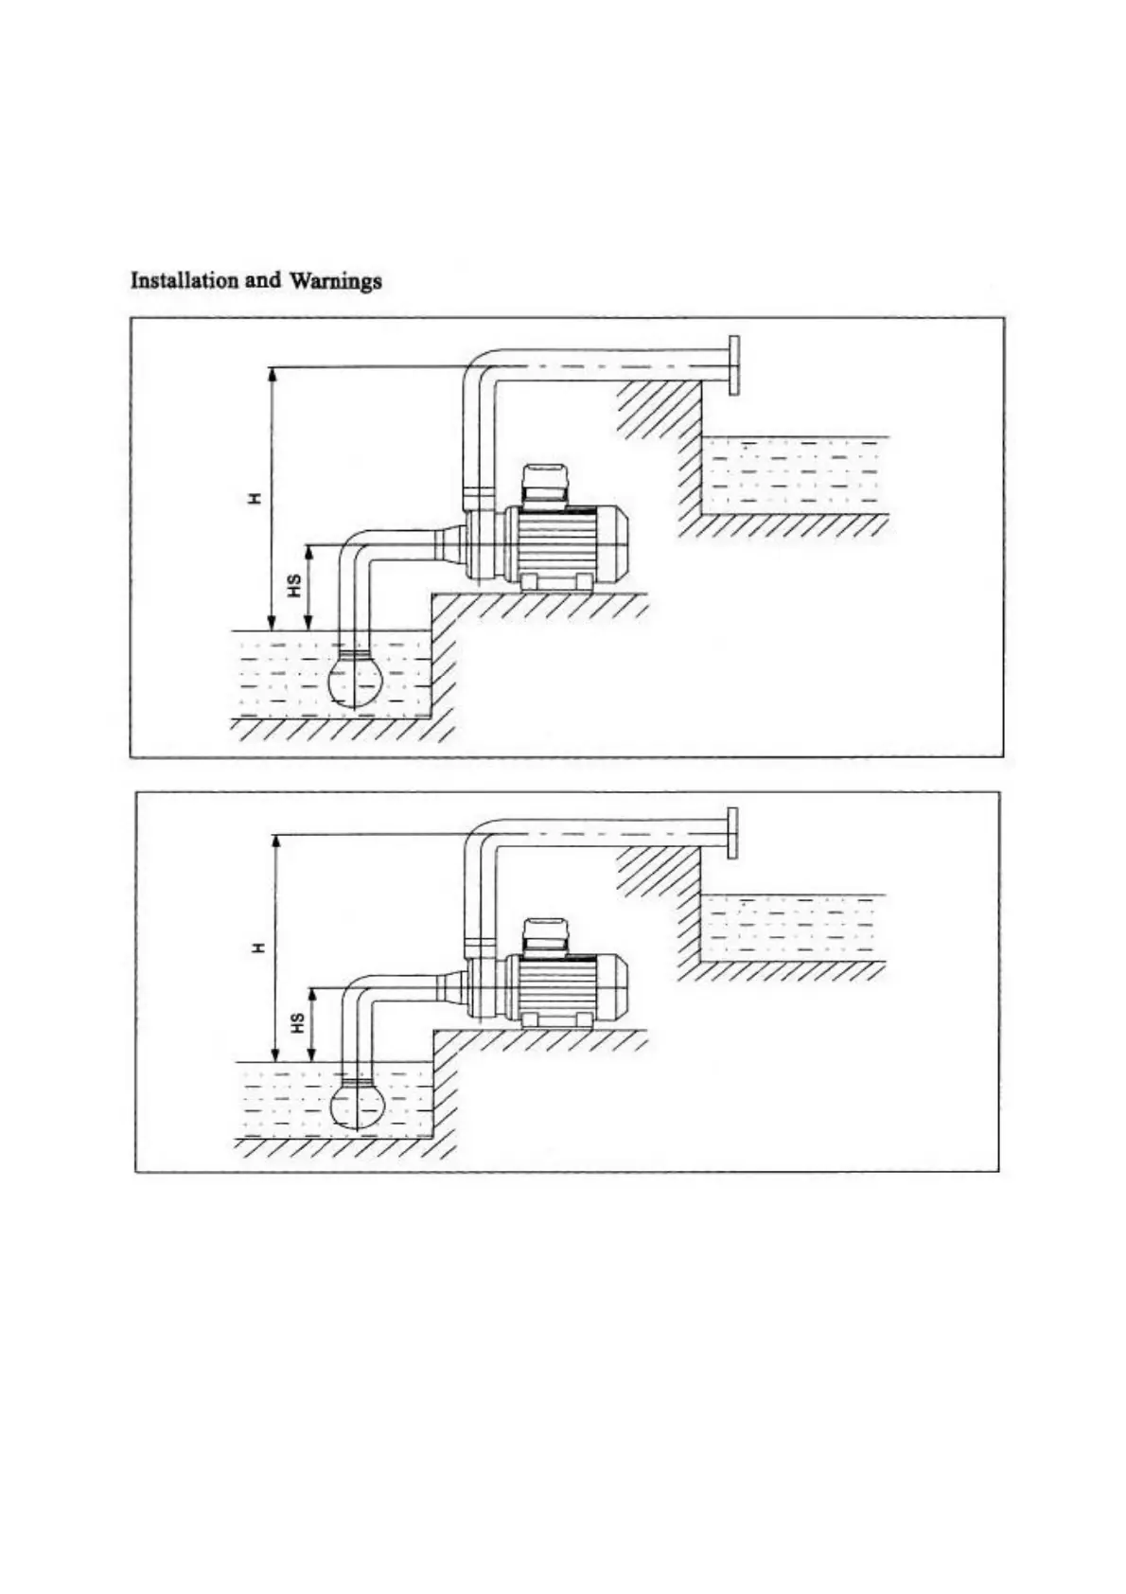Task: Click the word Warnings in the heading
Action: [x=336, y=281]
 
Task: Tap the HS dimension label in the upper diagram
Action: [x=294, y=587]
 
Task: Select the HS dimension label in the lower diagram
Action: [x=297, y=1023]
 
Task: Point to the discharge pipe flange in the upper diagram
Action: [x=733, y=364]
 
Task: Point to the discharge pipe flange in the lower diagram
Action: [x=731, y=833]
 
